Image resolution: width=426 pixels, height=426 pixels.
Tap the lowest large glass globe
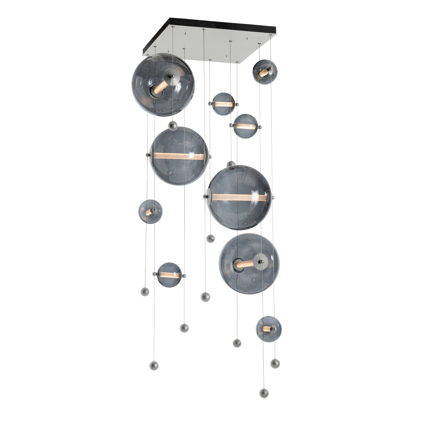point(249,263)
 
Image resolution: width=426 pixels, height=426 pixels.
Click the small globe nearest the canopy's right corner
point(265,72)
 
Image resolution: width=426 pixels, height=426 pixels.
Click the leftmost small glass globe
point(150,211)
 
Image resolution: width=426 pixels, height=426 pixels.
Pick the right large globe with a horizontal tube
point(239,197)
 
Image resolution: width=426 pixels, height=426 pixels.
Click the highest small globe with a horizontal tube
point(223,104)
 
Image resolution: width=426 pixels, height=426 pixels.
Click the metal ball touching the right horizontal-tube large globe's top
point(231,164)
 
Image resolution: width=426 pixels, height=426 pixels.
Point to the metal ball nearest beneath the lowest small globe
point(275,363)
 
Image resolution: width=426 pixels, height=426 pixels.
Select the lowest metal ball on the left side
point(154,365)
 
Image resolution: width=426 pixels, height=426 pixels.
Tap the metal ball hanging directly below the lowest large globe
point(237,343)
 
